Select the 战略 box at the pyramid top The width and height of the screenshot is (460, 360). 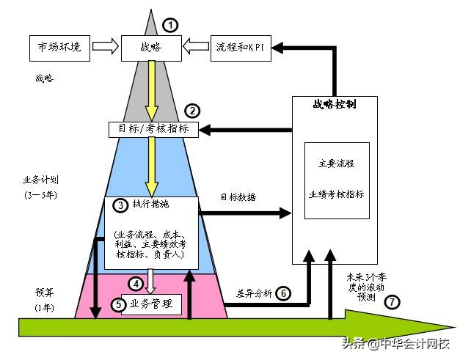[150, 48]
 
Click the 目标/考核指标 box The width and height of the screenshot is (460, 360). [153, 130]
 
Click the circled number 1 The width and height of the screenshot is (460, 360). [170, 26]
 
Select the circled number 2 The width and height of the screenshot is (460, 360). [192, 111]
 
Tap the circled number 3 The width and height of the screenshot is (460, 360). [114, 205]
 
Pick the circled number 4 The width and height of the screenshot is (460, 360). [135, 283]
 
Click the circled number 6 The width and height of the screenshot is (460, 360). [284, 293]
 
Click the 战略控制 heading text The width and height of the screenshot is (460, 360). [335, 104]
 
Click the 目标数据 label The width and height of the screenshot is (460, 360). [238, 197]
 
